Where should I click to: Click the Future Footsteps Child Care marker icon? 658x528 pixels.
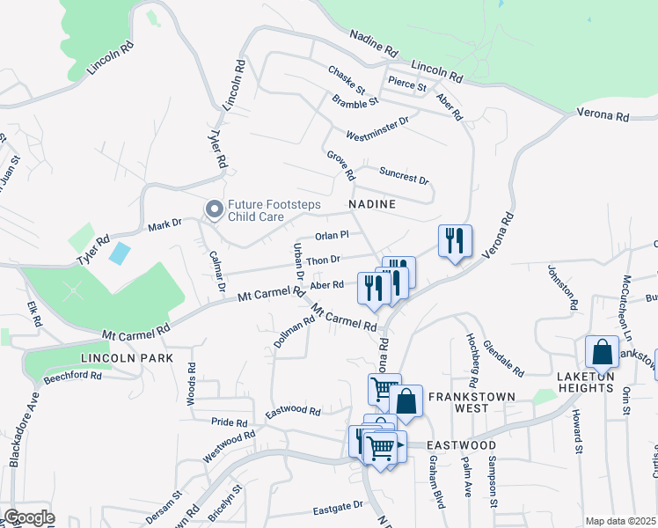214,209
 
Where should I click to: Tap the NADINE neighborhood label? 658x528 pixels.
372,204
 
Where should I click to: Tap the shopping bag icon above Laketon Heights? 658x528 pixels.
603,353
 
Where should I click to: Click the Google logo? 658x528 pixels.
28,517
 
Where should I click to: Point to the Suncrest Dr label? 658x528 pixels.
404,175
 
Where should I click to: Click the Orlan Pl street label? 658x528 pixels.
333,235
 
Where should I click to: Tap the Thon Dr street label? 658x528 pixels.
323,260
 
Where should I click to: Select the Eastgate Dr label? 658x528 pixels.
338,510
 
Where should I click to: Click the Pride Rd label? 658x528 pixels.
230,422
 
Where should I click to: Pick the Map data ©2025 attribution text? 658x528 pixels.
619,521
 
